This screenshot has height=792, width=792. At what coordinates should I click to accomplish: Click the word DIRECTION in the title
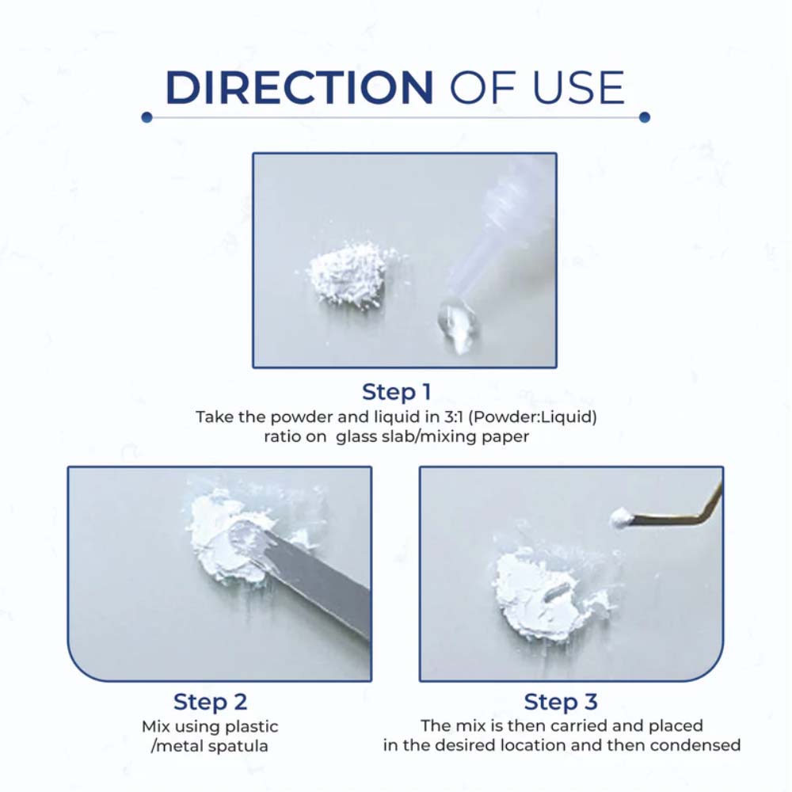click(299, 88)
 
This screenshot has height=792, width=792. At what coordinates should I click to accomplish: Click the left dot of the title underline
click(147, 117)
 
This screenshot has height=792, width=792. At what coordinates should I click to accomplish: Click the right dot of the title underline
click(645, 117)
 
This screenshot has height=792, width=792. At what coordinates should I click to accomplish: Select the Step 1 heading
click(397, 392)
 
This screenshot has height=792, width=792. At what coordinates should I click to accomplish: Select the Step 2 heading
click(210, 702)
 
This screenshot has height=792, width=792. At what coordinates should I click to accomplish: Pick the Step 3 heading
click(561, 702)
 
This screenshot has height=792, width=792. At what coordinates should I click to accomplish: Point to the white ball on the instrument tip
click(620, 518)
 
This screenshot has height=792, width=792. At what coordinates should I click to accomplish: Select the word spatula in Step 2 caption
click(239, 746)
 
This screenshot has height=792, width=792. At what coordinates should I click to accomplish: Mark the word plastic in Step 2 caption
click(252, 727)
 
